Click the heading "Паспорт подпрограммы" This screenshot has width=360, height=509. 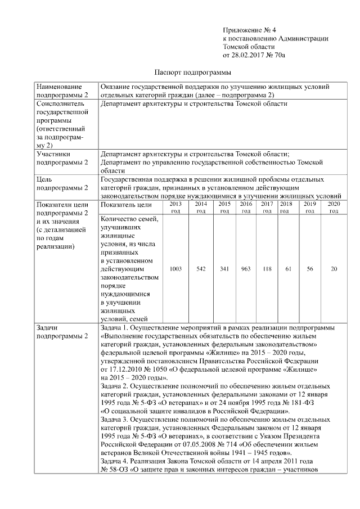[193, 73]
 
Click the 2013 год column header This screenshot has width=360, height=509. [175, 207]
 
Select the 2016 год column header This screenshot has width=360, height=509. [246, 207]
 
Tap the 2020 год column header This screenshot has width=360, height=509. [334, 207]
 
